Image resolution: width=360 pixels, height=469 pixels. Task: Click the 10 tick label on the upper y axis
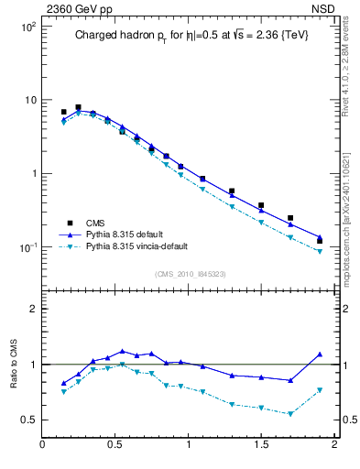point(27,100)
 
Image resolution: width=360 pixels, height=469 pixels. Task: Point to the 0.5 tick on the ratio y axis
point(27,420)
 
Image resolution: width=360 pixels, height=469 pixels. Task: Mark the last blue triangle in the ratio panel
point(320,354)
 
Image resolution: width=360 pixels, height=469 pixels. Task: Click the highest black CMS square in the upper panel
point(78,107)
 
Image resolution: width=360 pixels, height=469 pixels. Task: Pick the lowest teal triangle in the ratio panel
point(290,413)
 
